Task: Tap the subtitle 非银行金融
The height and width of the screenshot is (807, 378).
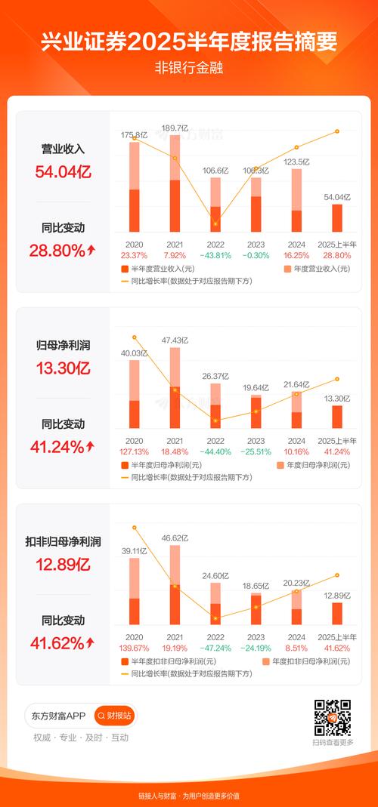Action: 189,66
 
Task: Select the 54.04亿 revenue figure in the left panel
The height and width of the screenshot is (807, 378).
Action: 64,172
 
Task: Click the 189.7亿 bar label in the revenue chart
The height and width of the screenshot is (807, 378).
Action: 175,128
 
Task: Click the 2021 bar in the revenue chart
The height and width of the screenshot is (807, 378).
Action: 175,185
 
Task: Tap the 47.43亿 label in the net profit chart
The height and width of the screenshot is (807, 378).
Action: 175,340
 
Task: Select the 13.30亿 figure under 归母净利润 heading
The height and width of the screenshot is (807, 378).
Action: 64,368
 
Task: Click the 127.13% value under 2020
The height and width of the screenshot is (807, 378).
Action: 134,452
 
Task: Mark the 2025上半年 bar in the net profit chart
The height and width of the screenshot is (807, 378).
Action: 337,417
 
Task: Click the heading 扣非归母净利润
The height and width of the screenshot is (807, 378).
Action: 64,541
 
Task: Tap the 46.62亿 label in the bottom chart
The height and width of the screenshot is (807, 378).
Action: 175,538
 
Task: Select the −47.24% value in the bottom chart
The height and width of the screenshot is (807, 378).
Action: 215,648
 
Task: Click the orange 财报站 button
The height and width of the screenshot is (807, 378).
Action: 114,715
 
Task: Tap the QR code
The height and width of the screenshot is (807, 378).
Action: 333,717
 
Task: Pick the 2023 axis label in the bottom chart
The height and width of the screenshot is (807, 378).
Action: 256,637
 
